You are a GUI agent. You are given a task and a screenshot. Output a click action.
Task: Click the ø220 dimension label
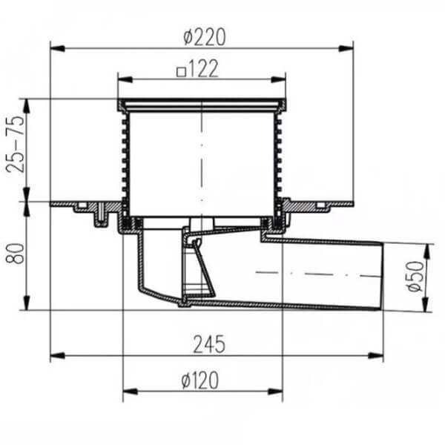click(x=205, y=37)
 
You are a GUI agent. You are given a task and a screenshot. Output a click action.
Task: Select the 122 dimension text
click(x=203, y=68)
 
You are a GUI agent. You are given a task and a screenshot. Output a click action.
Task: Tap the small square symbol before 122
click(x=181, y=72)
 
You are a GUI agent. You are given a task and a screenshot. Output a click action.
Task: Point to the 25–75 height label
click(x=16, y=144)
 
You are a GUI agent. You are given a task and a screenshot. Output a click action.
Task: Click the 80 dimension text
click(x=15, y=254)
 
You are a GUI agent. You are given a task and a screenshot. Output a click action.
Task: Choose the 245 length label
click(x=209, y=344)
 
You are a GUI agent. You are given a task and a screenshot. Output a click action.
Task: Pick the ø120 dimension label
click(x=200, y=380)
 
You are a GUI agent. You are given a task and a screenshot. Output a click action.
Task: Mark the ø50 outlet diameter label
click(x=415, y=276)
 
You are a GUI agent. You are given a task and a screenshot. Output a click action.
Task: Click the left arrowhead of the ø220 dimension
click(x=58, y=48)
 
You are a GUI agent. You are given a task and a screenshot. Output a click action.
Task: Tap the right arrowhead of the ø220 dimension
click(x=346, y=48)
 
